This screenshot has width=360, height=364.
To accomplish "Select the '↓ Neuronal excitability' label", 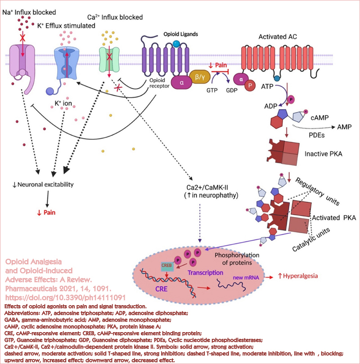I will (43, 185).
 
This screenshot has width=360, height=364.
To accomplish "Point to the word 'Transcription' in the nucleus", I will (206, 273).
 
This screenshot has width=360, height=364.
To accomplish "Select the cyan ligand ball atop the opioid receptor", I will (177, 44).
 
